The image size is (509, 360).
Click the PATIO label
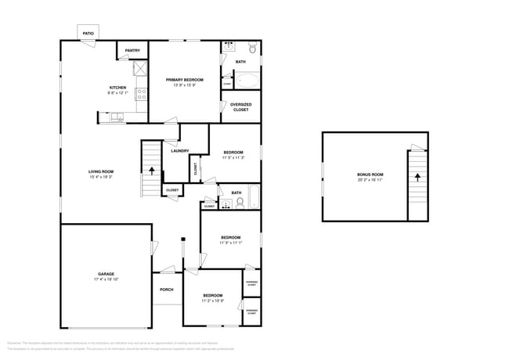pyautogui.click(x=88, y=34)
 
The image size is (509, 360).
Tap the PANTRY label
pyautogui.click(x=132, y=51)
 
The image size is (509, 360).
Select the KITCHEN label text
pyautogui.click(x=117, y=87)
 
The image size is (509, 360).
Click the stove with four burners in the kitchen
pyautogui.click(x=142, y=94)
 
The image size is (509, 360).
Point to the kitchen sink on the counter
pyautogui.click(x=117, y=117)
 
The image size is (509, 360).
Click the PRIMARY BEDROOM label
pyautogui.click(x=184, y=80)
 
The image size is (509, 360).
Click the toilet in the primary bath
pyautogui.click(x=252, y=47)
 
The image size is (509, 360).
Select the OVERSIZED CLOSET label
pyautogui.click(x=240, y=106)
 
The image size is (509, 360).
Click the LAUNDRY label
pyautogui.click(x=179, y=150)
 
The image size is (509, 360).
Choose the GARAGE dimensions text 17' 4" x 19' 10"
pyautogui.click(x=106, y=279)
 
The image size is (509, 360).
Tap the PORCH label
pyautogui.click(x=166, y=290)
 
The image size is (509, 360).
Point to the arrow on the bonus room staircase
pyautogui.click(x=417, y=177)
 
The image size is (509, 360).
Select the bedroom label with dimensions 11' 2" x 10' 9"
pyautogui.click(x=212, y=295)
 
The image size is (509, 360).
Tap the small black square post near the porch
pyautogui.click(x=183, y=238)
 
